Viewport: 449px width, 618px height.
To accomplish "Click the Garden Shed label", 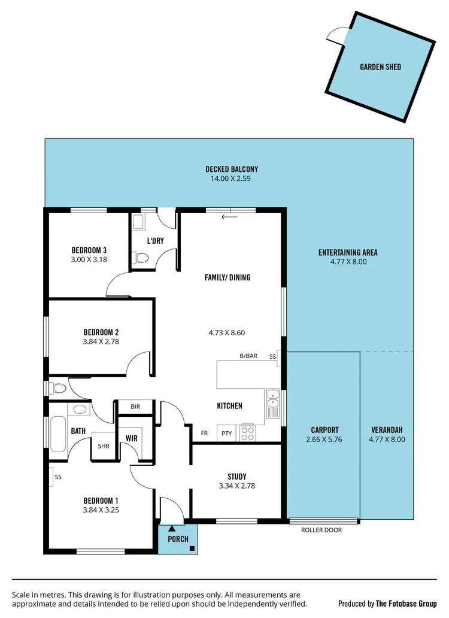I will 380,67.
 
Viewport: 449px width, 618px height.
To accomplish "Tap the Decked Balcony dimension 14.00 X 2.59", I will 232,179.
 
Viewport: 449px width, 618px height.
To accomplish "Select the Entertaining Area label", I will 348,252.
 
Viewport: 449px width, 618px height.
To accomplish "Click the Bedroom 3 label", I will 89,250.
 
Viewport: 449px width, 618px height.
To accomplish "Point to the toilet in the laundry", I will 141,258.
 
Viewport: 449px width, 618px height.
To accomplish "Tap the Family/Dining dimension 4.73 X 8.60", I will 227,332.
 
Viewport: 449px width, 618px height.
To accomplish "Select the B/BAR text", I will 248,356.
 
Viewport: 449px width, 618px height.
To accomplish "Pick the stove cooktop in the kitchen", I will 248,434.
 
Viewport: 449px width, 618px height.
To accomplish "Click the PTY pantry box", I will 226,434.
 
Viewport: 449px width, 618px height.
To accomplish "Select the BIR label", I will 135,407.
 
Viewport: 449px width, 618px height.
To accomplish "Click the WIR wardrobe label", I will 132,438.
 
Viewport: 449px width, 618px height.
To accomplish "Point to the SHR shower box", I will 103,446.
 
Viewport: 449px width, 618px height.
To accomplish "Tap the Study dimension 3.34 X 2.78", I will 237,486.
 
